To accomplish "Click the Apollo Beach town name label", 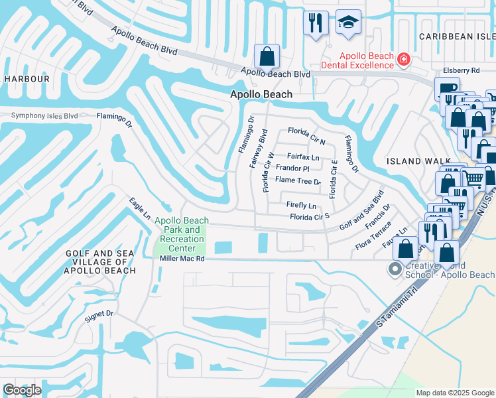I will coord(261,95).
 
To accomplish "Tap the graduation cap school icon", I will coord(348,23).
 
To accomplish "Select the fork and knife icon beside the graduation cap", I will coord(316,23).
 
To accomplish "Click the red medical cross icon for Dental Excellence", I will coord(403,61).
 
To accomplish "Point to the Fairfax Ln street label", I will coord(303,158).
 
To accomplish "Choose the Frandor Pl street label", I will coord(292,168).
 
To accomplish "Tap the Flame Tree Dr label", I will coord(298,180).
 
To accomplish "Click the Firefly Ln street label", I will coord(301,206).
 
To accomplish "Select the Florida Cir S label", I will coord(310,217).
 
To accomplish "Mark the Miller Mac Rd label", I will coord(182,259).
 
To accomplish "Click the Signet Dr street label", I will coord(99,316).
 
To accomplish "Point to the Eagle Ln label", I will coord(140,208).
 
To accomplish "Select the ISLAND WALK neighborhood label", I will coord(414,161).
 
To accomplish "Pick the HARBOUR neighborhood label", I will coord(27,79).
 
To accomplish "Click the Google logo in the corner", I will coord(22,390).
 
